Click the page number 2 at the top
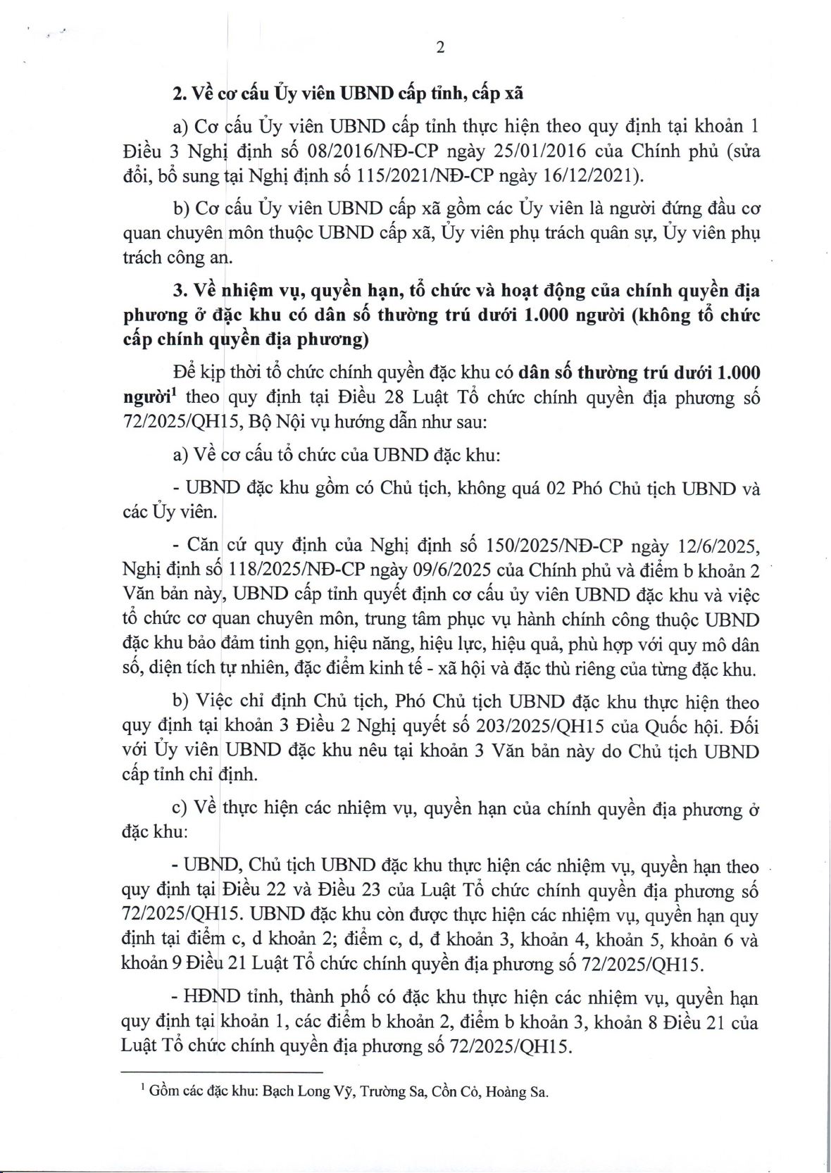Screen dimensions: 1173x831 click(x=440, y=48)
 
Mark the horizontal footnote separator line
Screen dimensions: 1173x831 click(x=222, y=1073)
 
